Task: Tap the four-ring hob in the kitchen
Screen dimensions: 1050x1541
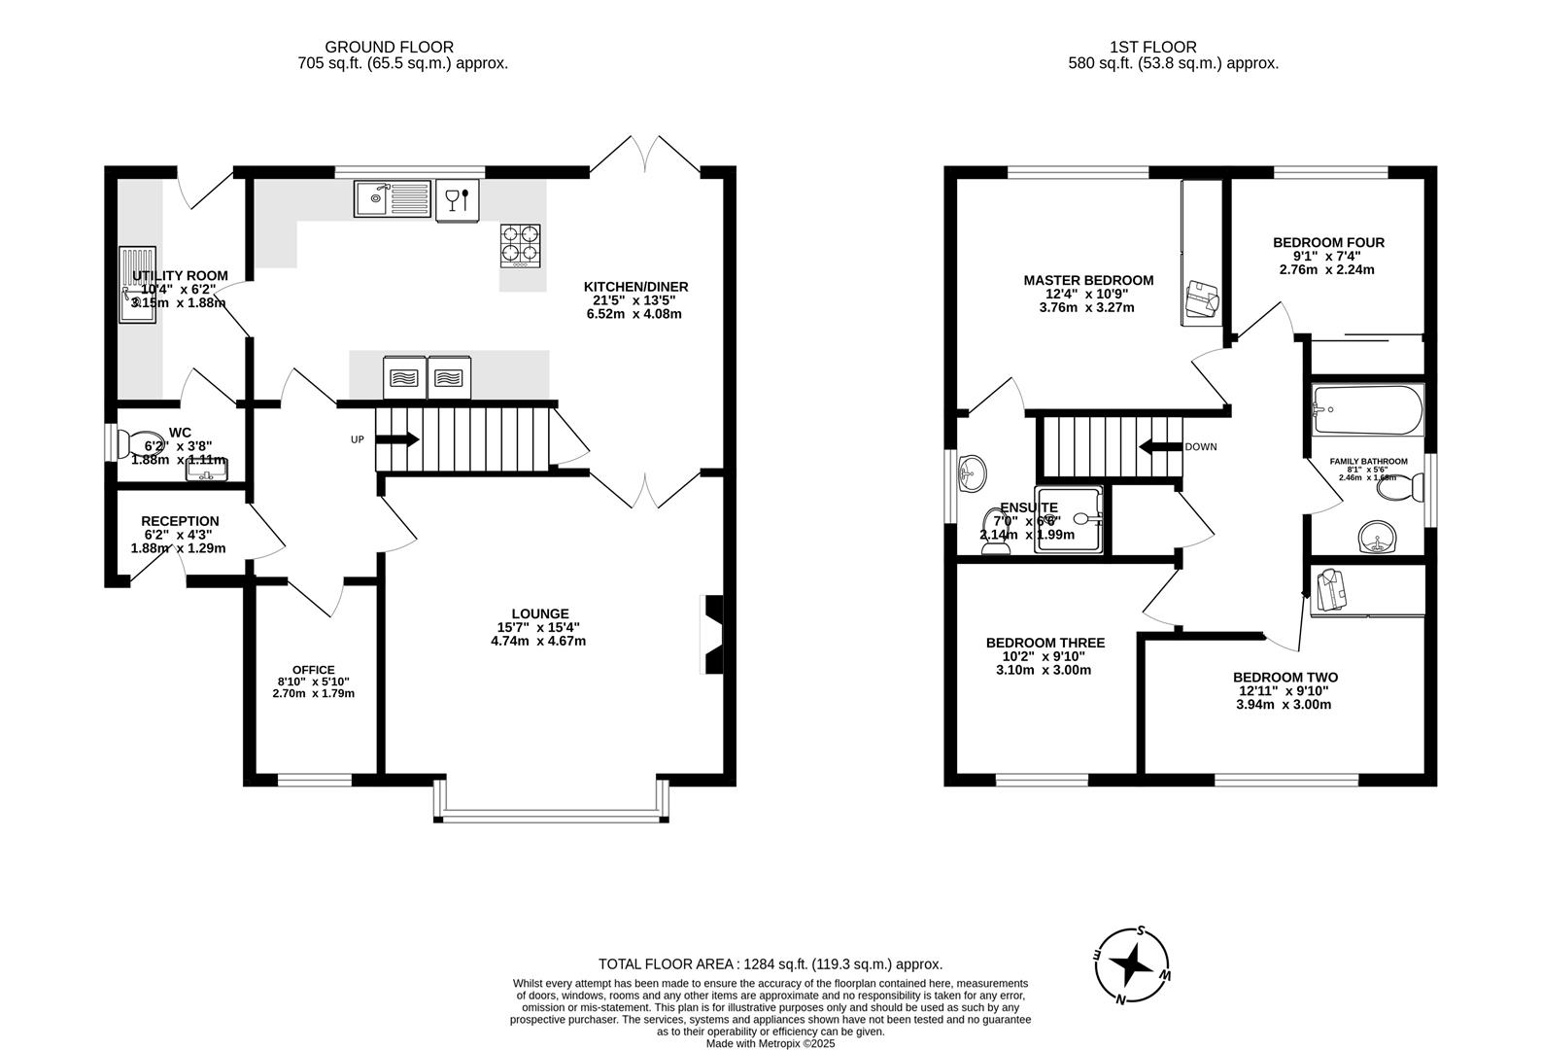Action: (x=520, y=245)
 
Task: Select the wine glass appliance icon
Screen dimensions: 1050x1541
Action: (x=457, y=199)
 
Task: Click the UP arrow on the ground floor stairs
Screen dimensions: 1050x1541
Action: (x=396, y=439)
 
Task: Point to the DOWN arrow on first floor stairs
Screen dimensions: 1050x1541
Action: (x=1159, y=447)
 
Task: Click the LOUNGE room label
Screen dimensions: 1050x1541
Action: (x=539, y=613)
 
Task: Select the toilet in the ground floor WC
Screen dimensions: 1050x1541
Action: (x=139, y=444)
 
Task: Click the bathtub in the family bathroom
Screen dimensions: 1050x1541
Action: (x=1367, y=409)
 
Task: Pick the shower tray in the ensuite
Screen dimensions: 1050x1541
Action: (x=1070, y=519)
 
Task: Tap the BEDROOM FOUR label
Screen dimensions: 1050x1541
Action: (x=1327, y=242)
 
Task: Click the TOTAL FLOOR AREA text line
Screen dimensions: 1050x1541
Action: (x=770, y=964)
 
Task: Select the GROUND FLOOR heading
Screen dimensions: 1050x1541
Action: (x=389, y=47)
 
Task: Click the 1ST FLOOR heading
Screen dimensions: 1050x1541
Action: (x=1153, y=47)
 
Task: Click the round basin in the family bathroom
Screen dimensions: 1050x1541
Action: (x=1376, y=537)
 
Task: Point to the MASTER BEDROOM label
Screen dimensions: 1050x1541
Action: (x=1087, y=280)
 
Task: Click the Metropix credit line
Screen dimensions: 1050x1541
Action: (x=770, y=1043)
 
